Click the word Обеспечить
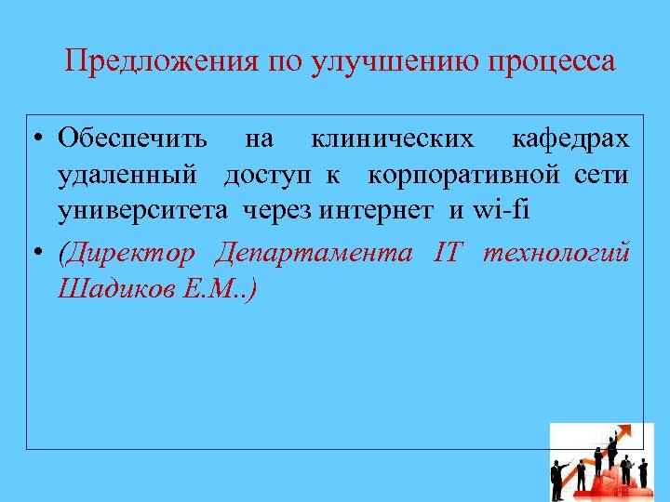(132, 139)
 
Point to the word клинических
(392, 139)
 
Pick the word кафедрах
(570, 139)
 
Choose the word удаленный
(127, 175)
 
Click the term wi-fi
(501, 210)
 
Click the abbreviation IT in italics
(446, 253)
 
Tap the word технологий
(556, 253)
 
